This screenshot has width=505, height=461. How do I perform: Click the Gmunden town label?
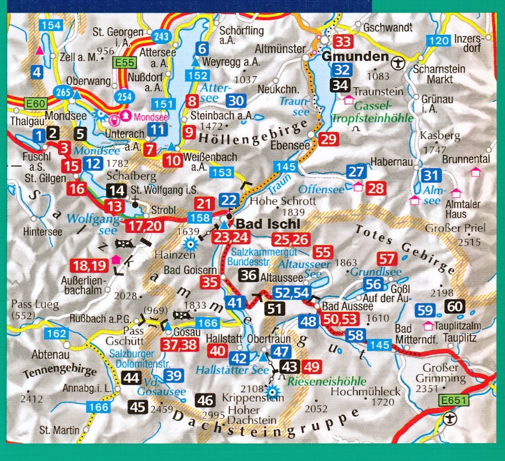point(356,58)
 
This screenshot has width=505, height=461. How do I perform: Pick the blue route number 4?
point(38,72)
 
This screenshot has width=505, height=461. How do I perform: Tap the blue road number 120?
point(438,40)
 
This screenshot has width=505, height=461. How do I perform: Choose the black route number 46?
point(205,400)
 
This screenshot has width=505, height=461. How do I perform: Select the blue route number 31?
point(431,175)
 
